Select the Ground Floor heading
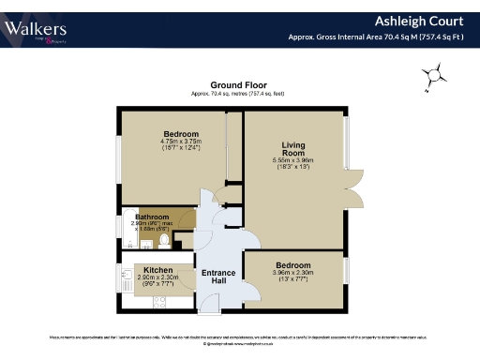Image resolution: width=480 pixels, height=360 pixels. tap(239, 85)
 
